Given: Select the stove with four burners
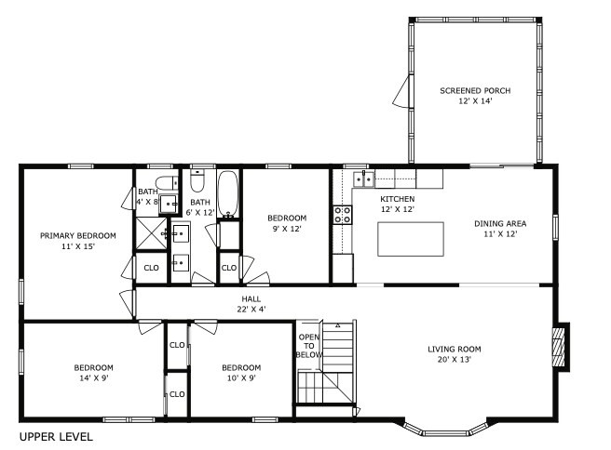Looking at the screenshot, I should (x=343, y=215).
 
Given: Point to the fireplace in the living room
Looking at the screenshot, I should (x=559, y=346).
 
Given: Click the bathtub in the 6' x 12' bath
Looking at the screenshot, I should (x=228, y=192).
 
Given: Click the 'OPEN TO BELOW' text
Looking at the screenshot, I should (x=309, y=345).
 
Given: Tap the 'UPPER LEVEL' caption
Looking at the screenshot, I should (x=55, y=436).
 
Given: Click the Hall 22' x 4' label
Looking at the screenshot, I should (x=251, y=304).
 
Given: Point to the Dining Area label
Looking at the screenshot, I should (x=500, y=229).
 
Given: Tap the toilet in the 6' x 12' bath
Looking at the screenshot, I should (x=197, y=179).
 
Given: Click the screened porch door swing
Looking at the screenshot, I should (x=402, y=91).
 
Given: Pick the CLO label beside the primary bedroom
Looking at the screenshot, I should (x=151, y=269).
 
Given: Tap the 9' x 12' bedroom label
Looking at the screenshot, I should (x=287, y=224).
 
